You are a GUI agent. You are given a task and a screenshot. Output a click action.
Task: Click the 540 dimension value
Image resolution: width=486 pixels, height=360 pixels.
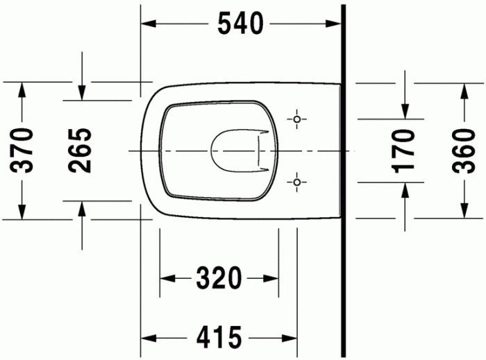pyautogui.click(x=240, y=24)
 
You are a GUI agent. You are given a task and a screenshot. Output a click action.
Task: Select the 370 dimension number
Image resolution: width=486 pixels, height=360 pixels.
pyautogui.click(x=23, y=150)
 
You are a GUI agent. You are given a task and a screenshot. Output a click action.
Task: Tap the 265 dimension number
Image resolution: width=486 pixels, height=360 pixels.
pyautogui.click(x=81, y=150)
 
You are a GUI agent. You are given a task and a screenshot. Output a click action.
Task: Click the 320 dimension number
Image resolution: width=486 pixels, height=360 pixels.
pyautogui.click(x=219, y=279)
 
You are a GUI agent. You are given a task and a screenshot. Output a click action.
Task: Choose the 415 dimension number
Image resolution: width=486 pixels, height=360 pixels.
pyautogui.click(x=219, y=338)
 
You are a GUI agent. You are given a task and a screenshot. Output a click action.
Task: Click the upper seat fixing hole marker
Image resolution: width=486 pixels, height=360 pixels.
pyautogui.click(x=298, y=119)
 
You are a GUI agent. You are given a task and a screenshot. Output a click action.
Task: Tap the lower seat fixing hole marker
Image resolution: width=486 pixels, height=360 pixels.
pyautogui.click(x=298, y=182)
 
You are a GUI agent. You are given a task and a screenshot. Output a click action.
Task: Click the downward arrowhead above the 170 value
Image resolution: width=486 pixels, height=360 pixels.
pyautogui.click(x=404, y=111)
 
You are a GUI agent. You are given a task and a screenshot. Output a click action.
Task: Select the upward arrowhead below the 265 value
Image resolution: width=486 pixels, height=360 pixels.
pyautogui.click(x=82, y=209)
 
